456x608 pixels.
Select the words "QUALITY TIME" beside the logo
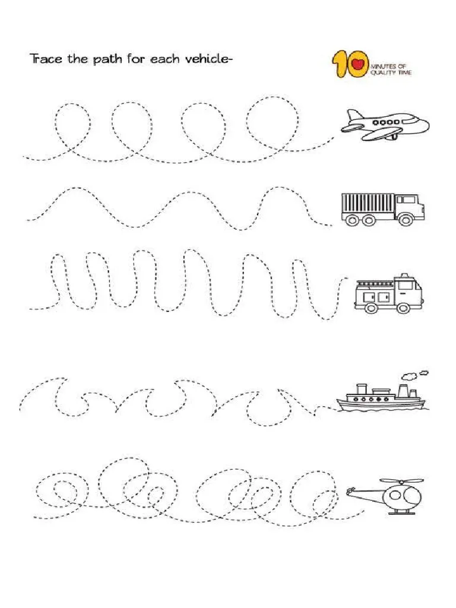tap(391, 72)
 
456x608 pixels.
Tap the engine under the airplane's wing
tap(392, 136)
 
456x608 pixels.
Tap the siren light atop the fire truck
tap(404, 275)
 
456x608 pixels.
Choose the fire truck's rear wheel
tap(372, 308)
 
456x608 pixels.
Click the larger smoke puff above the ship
tap(408, 376)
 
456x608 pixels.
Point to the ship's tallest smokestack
tap(403, 390)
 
